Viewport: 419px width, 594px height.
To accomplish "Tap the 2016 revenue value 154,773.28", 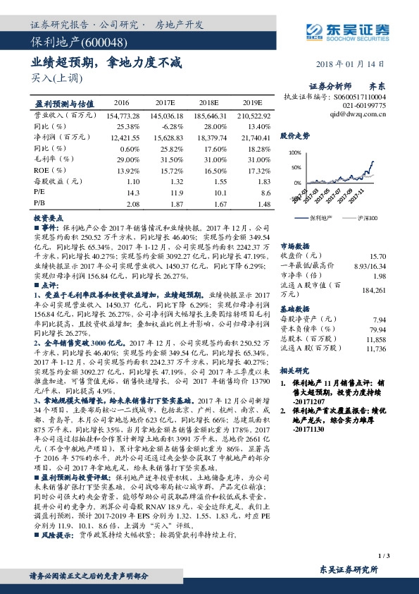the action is click(123, 114).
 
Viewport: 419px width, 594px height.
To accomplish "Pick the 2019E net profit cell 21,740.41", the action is click(255, 140).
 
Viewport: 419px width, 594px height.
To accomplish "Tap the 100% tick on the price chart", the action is click(294, 152).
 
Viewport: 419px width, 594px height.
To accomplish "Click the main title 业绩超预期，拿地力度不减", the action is click(107, 63).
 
